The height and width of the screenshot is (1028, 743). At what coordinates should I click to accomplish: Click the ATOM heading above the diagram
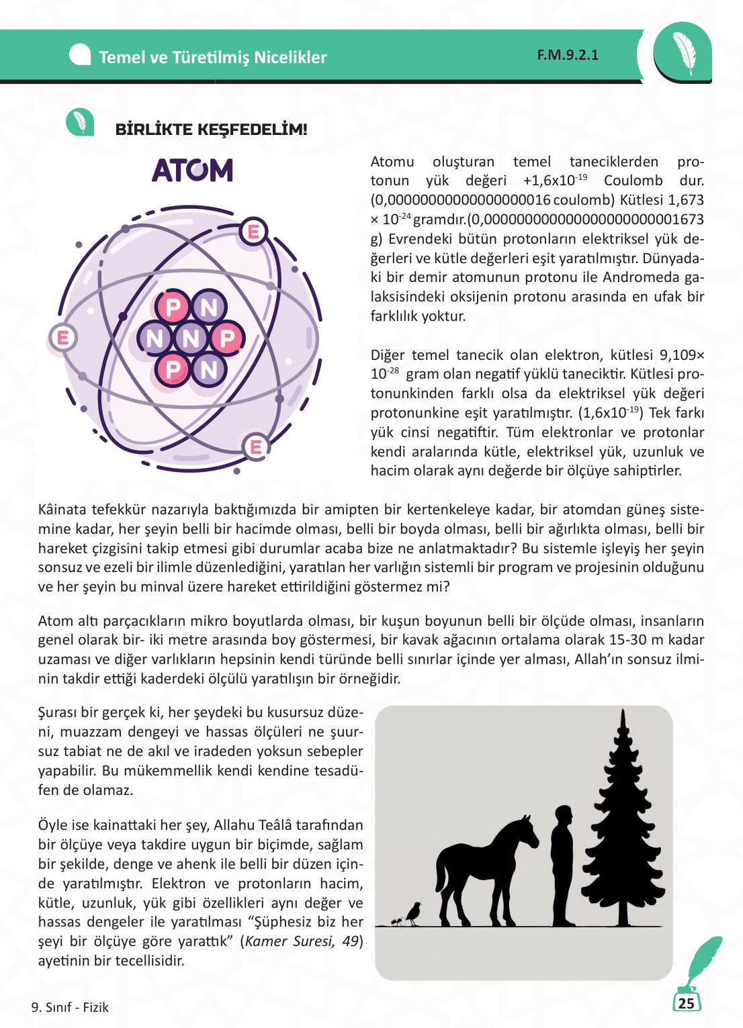coord(192,171)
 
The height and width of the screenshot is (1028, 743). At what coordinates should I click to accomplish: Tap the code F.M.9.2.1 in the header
coord(568,55)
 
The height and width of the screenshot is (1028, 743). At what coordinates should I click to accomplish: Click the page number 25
coord(686,1003)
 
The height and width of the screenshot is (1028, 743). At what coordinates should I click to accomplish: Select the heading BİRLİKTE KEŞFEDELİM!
coord(211,130)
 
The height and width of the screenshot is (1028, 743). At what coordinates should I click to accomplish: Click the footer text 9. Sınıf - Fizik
coord(70,1007)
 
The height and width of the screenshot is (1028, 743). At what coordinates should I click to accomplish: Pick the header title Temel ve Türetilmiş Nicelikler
coord(212,58)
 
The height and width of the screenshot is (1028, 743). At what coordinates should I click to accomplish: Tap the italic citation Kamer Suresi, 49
coord(302,941)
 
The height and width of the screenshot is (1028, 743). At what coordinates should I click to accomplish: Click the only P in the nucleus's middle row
coord(227,338)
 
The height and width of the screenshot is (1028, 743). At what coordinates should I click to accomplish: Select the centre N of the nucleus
coord(191,338)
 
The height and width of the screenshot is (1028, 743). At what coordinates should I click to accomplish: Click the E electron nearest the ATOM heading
coord(254,232)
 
